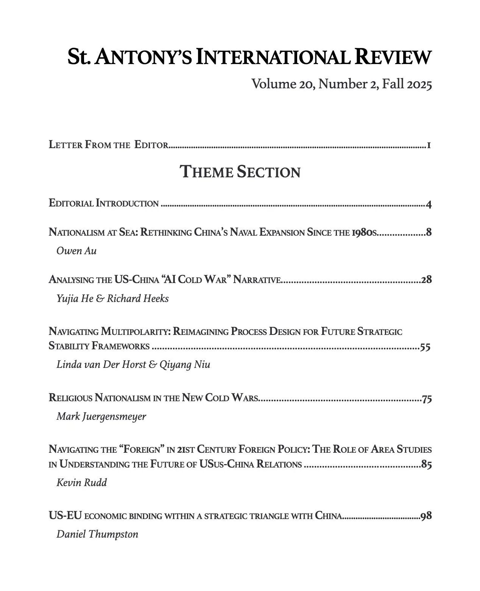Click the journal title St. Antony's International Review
[x=249, y=57]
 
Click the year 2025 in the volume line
[x=419, y=84]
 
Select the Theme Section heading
[x=240, y=172]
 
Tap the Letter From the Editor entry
[x=108, y=145]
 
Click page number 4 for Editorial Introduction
[x=429, y=205]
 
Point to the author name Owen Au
[x=76, y=251]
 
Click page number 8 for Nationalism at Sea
[x=429, y=232]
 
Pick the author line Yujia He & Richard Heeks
[x=112, y=299]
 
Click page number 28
[x=426, y=280]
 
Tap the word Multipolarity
[x=136, y=331]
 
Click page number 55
[x=425, y=347]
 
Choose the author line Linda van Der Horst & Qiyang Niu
[x=133, y=364]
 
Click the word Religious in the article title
[x=70, y=398]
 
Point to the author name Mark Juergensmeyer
[x=101, y=416]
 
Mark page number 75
[x=427, y=399]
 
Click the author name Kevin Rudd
[x=81, y=483]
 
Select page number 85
[x=427, y=464]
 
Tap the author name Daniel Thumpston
[x=97, y=534]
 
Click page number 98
[x=426, y=516]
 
